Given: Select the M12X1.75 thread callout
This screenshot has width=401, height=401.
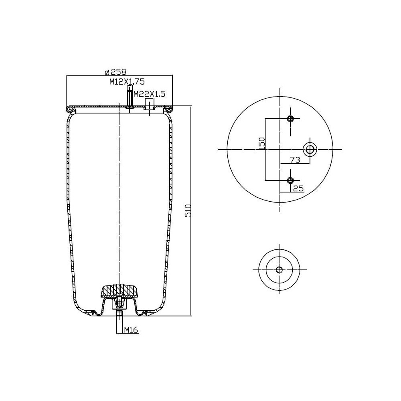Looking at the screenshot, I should click(x=127, y=81).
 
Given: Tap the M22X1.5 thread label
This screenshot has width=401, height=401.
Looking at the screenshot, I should click(x=149, y=94).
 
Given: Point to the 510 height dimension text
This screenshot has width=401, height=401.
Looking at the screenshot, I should click(x=188, y=211).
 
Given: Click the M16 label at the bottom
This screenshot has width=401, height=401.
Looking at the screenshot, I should click(x=131, y=330).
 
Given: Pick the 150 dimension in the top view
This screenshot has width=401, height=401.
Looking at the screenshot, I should click(x=261, y=143).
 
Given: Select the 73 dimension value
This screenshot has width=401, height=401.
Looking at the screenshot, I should click(x=295, y=160).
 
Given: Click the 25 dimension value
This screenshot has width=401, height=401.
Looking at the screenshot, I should click(x=298, y=188).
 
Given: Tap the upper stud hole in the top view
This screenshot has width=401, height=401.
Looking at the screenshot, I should click(x=291, y=119).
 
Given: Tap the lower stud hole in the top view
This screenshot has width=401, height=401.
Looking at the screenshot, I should click(x=291, y=180).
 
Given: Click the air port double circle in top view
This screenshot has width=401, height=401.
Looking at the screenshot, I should click(x=310, y=149).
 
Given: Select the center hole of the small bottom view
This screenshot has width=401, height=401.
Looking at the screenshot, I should click(x=279, y=269).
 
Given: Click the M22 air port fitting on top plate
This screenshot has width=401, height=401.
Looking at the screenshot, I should click(x=150, y=106).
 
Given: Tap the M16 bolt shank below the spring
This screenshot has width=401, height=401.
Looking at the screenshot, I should click(x=119, y=323).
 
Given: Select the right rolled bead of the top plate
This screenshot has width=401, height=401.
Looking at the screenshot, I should click(x=168, y=109).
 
